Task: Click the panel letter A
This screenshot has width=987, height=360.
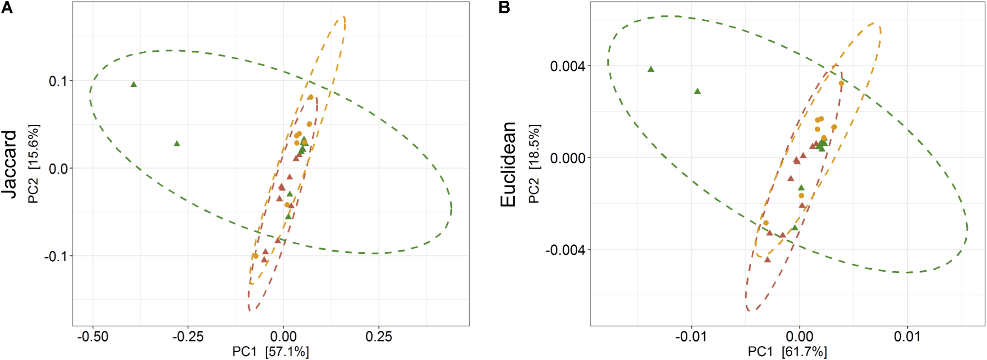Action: point(7,7)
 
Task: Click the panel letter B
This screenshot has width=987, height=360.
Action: point(504,7)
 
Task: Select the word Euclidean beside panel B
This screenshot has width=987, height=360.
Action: point(508,164)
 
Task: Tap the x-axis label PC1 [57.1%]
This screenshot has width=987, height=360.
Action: point(270,351)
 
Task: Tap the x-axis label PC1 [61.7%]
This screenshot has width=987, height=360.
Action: point(787,351)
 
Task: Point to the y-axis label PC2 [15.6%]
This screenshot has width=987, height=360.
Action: point(34,164)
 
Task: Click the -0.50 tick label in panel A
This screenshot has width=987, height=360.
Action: point(92,337)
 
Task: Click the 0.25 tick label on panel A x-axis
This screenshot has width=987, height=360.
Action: point(379,337)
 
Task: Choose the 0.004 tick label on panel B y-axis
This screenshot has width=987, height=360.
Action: point(567,66)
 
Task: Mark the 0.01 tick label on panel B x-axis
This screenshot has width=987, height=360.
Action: point(907,337)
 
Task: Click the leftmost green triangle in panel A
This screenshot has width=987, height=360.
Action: point(134,84)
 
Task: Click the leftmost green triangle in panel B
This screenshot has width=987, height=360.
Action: point(651,69)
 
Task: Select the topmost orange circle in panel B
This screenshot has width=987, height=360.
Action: point(841,83)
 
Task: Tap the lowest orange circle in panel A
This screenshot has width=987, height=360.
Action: point(256,256)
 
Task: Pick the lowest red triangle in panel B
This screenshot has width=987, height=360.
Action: point(767,260)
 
